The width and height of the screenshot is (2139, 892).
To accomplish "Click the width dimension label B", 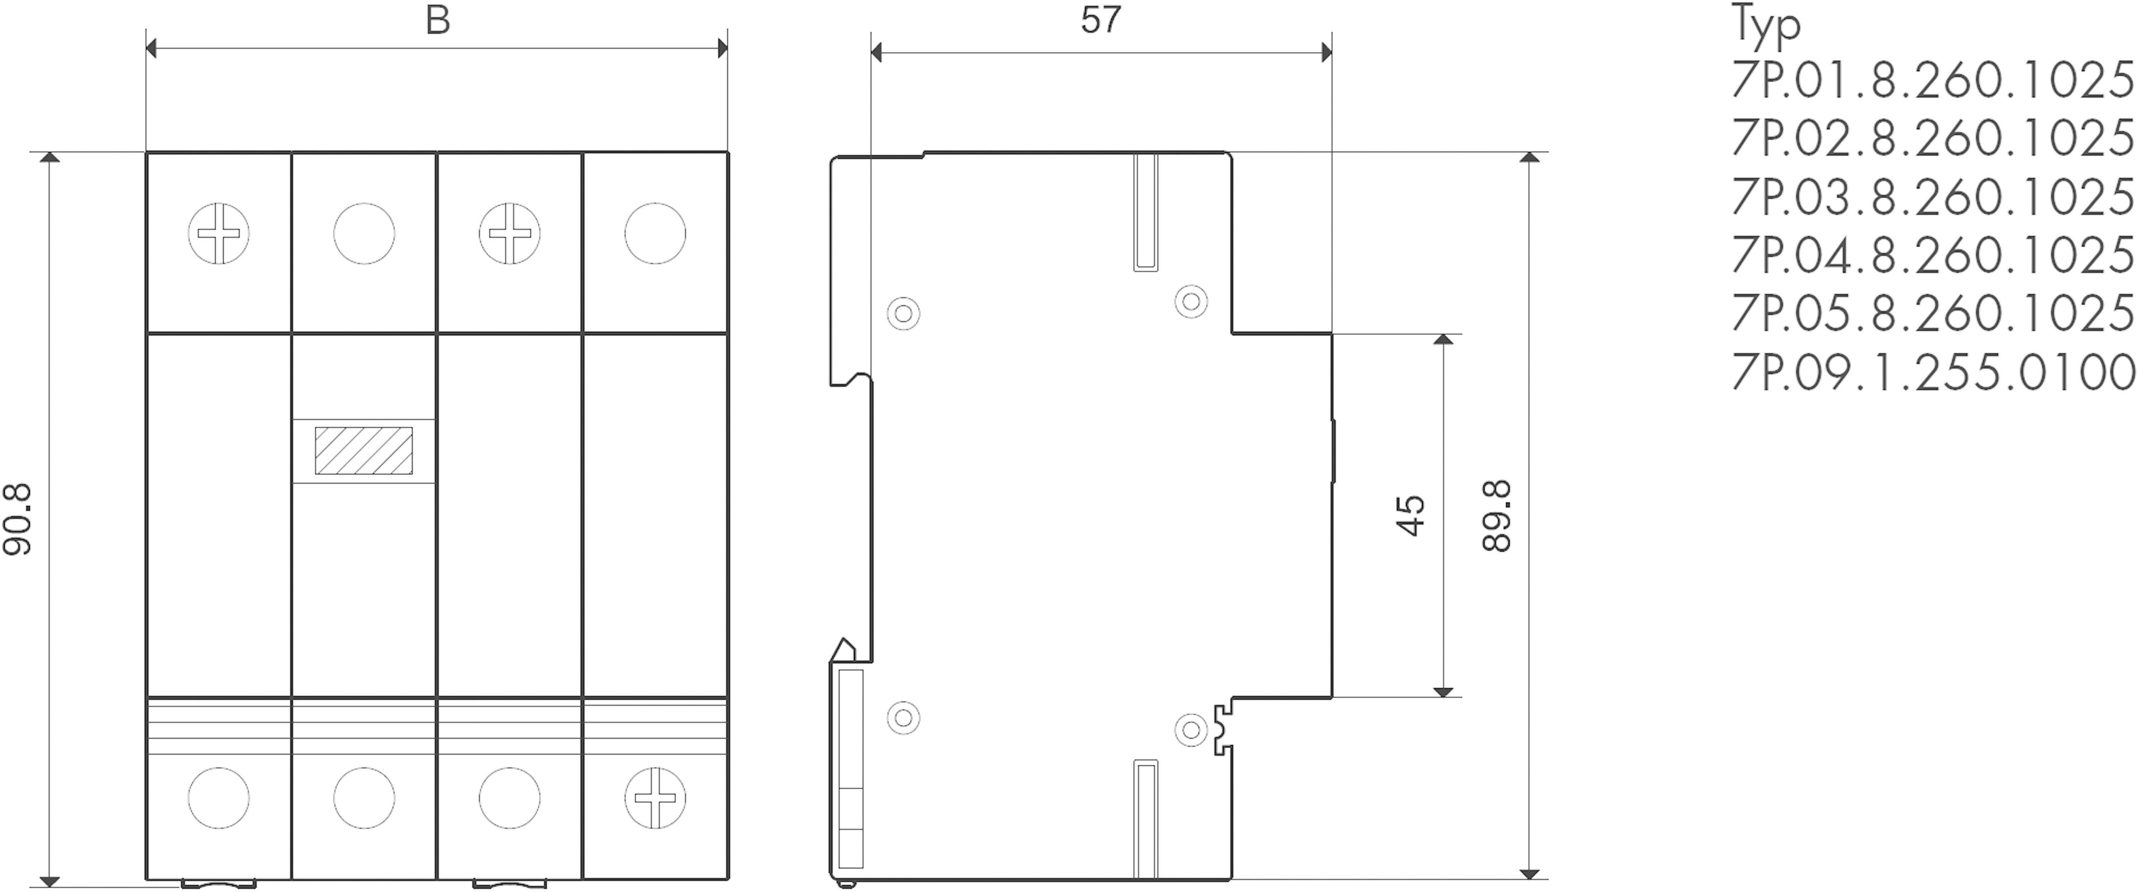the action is coord(438,20).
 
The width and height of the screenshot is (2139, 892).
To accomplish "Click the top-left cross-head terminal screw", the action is coord(218,233).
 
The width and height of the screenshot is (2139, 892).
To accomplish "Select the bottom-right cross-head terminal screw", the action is coord(655,798).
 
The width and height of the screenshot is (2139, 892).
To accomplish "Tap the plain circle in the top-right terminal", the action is coord(655,233).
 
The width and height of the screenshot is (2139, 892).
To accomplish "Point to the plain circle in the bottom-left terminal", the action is coord(218,798).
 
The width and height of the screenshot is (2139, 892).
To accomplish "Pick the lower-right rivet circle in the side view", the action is coord(1192,730).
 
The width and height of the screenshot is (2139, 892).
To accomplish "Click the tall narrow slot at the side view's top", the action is coord(1146,212).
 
